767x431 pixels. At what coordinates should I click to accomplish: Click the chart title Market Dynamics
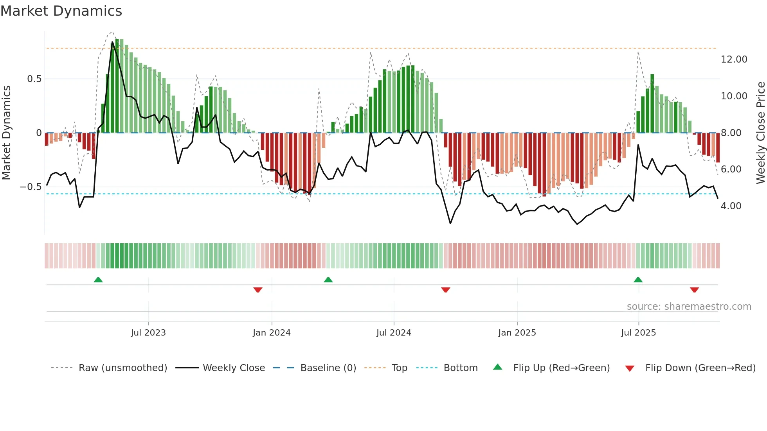click(61, 11)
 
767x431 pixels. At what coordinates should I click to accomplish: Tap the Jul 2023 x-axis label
click(148, 333)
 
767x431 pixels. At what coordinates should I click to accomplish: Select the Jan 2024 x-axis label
click(272, 333)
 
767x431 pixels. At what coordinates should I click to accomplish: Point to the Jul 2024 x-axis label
click(394, 333)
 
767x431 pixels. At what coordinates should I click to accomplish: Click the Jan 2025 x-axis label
click(517, 333)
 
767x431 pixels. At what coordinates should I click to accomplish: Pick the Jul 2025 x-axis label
click(638, 333)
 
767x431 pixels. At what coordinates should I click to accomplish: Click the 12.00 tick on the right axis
click(734, 59)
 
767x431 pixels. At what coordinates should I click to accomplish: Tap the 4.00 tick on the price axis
click(731, 206)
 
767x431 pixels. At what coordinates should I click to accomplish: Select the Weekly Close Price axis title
click(760, 133)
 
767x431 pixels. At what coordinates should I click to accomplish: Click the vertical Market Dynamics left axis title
click(6, 133)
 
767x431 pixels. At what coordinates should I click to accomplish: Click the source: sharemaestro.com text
click(689, 307)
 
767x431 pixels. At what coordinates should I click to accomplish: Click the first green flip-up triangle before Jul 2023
click(98, 280)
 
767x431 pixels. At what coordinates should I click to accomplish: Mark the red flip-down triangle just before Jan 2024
click(257, 290)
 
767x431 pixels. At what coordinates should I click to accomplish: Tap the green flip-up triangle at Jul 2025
click(638, 280)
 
